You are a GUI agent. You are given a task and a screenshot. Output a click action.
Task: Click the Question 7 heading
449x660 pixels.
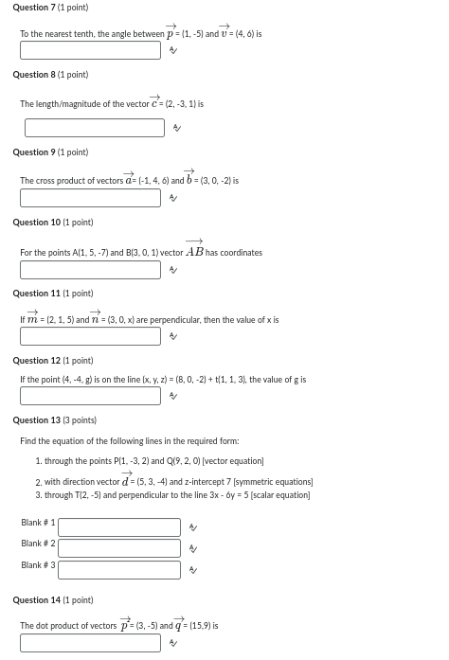pos(50,8)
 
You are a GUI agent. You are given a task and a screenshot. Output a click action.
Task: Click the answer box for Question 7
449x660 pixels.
pos(90,50)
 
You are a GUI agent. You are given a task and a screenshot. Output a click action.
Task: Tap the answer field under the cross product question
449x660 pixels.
pos(90,198)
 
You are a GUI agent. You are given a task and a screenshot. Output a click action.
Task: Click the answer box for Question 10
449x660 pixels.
pos(90,270)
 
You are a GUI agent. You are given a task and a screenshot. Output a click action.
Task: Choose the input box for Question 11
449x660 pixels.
pos(90,336)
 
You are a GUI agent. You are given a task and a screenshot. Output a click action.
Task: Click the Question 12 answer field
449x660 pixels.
pos(90,396)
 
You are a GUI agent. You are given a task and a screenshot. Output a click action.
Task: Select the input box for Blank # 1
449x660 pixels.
pos(118,527)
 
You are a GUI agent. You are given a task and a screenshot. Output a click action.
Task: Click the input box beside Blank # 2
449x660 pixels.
pos(118,548)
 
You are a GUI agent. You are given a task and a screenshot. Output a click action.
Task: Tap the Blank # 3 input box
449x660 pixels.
pos(118,570)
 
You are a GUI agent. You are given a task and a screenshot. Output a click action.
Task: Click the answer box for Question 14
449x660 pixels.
pos(90,643)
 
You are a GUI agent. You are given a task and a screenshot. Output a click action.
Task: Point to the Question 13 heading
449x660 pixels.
pos(54,419)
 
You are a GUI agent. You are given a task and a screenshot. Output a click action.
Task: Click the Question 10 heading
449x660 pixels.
pos(53,223)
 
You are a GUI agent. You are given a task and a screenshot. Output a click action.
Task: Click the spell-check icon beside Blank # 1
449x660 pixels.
pos(193,527)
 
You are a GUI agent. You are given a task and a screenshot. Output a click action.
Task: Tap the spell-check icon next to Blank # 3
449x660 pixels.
pos(193,570)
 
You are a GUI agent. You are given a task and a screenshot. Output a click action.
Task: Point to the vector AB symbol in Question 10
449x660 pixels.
pos(194,251)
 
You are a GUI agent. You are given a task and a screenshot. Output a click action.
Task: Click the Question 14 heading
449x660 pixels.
pos(53,600)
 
